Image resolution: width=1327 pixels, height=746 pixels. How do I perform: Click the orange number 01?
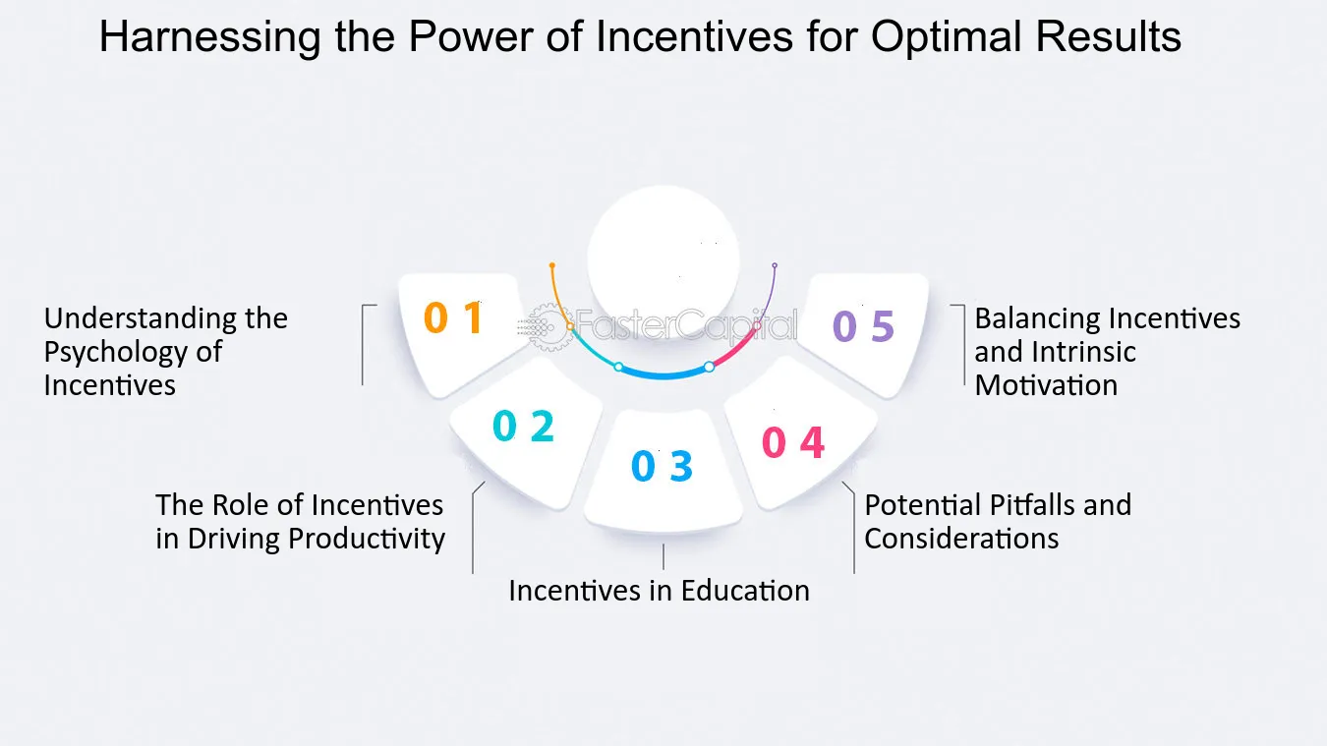tap(454, 318)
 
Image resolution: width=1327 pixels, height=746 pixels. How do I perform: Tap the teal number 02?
tap(524, 426)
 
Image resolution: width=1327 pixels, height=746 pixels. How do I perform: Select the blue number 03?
tap(662, 465)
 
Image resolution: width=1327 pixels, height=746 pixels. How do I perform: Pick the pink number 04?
tap(792, 442)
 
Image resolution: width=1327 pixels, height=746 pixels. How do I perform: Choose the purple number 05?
tap(863, 326)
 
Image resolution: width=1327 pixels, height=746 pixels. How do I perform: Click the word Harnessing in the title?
tap(210, 37)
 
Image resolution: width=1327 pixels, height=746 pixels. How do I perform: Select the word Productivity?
tap(367, 540)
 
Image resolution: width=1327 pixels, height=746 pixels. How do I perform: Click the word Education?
tap(745, 591)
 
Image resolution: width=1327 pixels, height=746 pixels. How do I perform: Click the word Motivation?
tap(1046, 385)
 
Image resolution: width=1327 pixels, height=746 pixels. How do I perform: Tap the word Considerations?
tap(961, 539)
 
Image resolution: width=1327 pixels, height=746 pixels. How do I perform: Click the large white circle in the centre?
tap(663, 260)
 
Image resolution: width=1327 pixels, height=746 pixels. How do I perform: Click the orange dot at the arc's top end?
tap(552, 265)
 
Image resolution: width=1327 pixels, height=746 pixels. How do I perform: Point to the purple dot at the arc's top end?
tap(775, 265)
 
